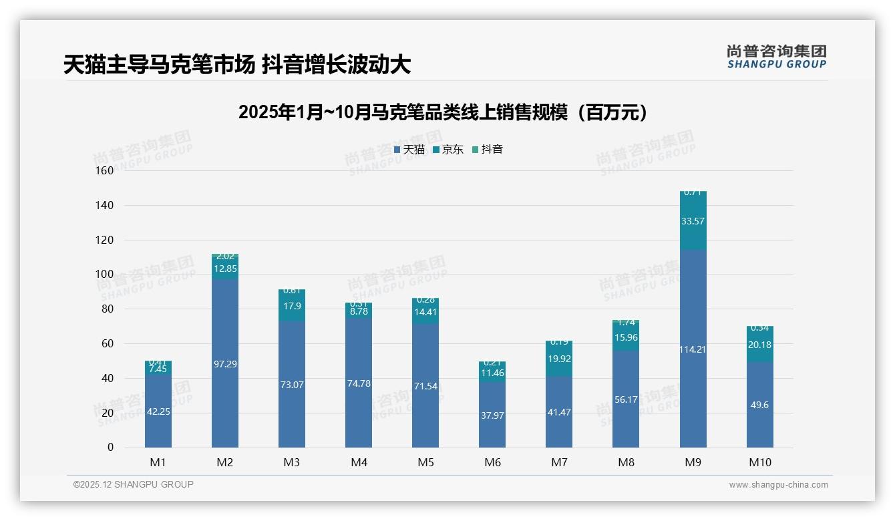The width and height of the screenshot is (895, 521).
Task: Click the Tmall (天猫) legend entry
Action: coord(409,150)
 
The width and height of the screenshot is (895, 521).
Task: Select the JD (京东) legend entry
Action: coord(447,150)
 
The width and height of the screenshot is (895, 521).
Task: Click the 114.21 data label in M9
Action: coord(693,349)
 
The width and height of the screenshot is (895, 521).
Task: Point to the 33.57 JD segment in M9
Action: coord(693,221)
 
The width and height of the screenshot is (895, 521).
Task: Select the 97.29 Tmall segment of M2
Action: coord(225,364)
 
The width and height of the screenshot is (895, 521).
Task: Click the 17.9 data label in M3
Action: coord(292,306)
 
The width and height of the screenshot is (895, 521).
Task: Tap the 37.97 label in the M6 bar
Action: coord(492,415)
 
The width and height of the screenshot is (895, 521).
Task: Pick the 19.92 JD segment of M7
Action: coord(559,359)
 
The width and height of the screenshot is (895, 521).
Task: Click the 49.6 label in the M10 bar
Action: coord(759,405)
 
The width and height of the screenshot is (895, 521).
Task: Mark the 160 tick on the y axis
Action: coord(105,170)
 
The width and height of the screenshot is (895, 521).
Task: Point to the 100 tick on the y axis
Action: coord(105,274)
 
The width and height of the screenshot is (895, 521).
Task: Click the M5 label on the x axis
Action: coord(425,462)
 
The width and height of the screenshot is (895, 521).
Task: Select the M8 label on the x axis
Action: coord(626,462)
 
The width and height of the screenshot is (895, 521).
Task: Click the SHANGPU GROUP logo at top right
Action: coord(776,57)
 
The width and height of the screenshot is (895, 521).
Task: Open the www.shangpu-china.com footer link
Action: coord(778,485)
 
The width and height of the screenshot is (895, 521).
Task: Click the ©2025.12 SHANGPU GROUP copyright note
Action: coord(133,484)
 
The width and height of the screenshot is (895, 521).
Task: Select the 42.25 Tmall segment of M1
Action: coord(158,411)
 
